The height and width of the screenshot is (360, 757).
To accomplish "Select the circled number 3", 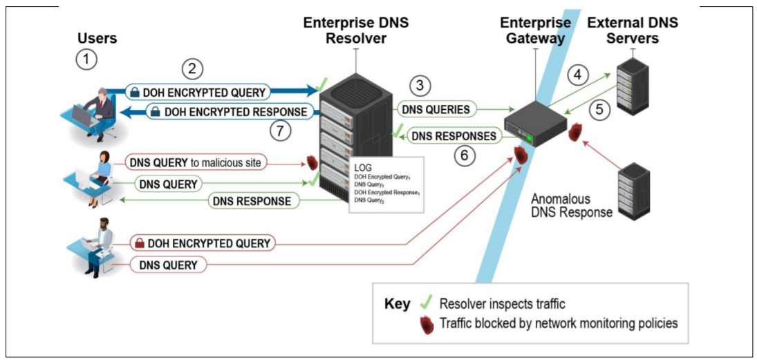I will (420, 86).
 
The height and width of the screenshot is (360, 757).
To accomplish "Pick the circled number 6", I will (465, 157).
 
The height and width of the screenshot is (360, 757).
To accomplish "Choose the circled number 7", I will (281, 131).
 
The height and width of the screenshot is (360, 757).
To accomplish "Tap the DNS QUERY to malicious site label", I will (197, 163).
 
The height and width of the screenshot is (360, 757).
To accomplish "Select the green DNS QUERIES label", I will (438, 109).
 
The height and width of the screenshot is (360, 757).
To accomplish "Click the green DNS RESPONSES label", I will (454, 136).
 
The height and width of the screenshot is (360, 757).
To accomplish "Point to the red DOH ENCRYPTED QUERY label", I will (202, 243).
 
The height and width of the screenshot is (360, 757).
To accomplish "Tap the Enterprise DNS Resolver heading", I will (355, 30).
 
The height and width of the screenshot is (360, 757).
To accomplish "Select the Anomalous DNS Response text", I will (571, 205).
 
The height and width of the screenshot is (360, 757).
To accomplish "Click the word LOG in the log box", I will (363, 168).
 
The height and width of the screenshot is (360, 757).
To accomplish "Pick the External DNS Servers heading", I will (632, 30).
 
